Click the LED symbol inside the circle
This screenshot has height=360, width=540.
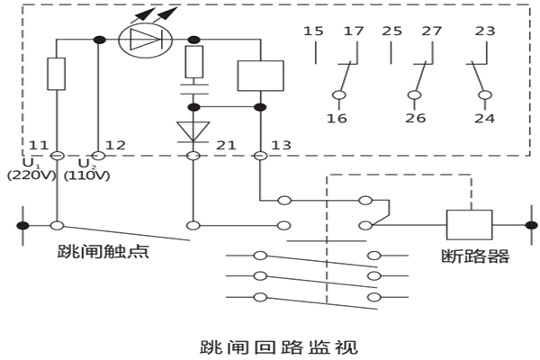(x=144, y=39)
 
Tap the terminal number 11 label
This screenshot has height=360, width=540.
(x=39, y=144)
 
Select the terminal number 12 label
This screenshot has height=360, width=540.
(x=115, y=144)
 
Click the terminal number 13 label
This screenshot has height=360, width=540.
(x=282, y=144)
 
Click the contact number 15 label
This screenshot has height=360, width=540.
(x=313, y=31)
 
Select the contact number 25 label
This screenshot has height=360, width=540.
(x=391, y=31)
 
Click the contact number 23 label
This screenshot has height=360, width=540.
(x=485, y=31)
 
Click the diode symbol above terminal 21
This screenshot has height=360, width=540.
(x=192, y=131)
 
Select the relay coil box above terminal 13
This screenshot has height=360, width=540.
(x=260, y=75)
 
